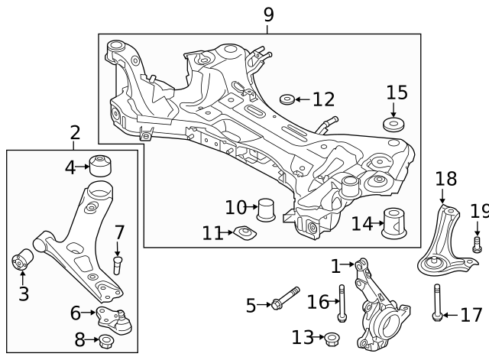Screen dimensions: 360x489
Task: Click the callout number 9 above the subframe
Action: (x=267, y=14)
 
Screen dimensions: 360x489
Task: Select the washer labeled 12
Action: (x=287, y=99)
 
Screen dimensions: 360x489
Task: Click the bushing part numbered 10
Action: (x=266, y=208)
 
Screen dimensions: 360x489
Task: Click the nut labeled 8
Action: (x=105, y=339)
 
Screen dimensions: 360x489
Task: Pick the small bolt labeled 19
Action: (x=478, y=245)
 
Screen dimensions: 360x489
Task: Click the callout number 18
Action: (x=445, y=180)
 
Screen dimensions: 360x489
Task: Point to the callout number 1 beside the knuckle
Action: (x=335, y=266)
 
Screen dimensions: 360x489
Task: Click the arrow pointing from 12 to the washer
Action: (x=303, y=99)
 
